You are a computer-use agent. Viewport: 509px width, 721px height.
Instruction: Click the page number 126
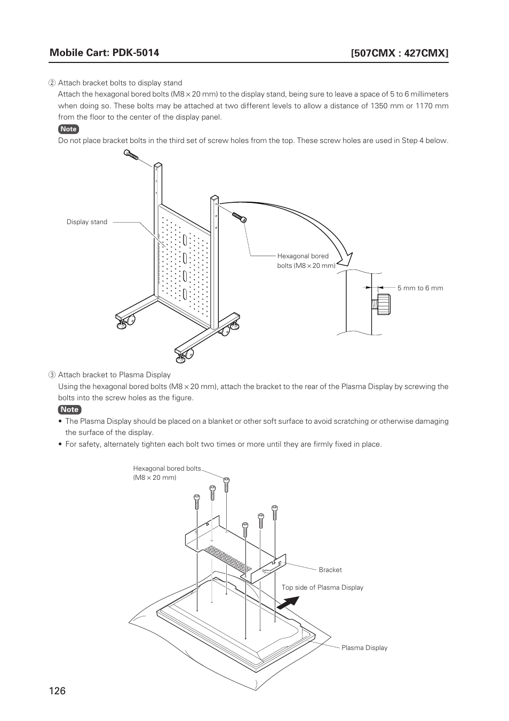click(x=58, y=691)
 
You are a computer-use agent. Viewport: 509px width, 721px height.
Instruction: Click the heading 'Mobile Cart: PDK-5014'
click(x=104, y=52)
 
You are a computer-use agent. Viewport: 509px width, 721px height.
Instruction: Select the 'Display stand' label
click(x=87, y=222)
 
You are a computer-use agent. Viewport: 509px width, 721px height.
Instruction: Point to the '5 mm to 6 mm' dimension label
click(x=420, y=288)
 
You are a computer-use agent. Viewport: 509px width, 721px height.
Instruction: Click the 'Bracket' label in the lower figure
click(x=330, y=570)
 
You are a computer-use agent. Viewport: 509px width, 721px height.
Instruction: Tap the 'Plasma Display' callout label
click(x=364, y=648)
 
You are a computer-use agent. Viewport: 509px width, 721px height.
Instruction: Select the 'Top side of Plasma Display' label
click(x=322, y=588)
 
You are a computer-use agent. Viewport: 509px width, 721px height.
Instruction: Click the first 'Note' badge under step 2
click(x=68, y=129)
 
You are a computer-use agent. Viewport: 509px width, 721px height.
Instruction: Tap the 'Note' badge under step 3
click(x=69, y=409)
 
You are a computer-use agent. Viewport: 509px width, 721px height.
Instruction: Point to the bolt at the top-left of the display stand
click(x=131, y=154)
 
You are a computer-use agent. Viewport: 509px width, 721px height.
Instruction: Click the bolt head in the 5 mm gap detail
click(x=384, y=304)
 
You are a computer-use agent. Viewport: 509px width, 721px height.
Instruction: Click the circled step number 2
click(x=52, y=83)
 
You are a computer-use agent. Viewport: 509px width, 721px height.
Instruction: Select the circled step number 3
click(x=52, y=375)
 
